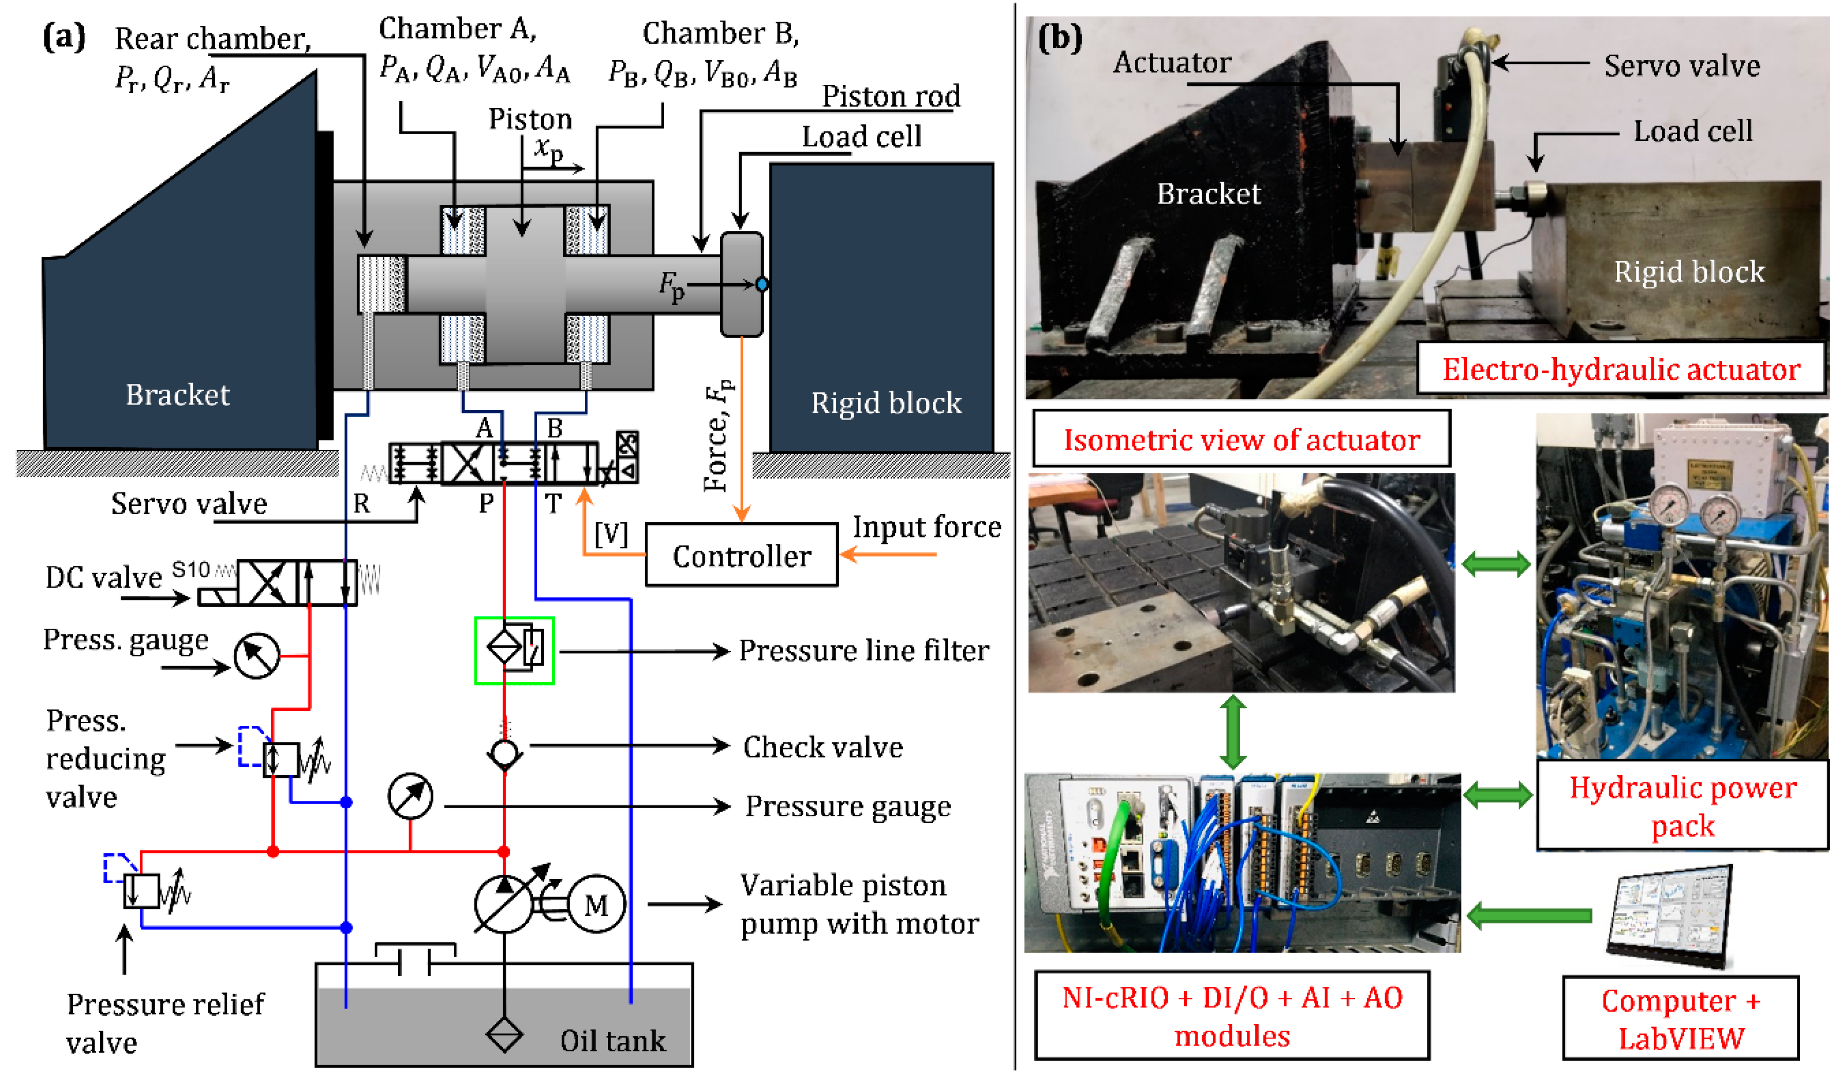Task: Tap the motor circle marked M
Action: click(596, 905)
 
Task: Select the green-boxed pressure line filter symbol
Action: click(514, 650)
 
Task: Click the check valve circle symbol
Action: click(504, 753)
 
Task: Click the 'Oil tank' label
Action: click(612, 1040)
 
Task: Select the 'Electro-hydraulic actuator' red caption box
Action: click(1621, 369)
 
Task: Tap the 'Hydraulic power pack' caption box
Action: click(1683, 806)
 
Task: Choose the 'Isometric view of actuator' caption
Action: click(1241, 439)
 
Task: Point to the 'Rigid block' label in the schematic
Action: click(886, 402)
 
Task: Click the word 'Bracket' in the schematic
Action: click(177, 395)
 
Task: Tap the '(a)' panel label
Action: click(64, 36)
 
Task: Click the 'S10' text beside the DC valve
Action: click(191, 569)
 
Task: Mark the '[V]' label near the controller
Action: click(611, 534)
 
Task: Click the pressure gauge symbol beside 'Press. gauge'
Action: click(256, 655)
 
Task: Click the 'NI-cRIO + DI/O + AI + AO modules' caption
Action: click(1232, 1016)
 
